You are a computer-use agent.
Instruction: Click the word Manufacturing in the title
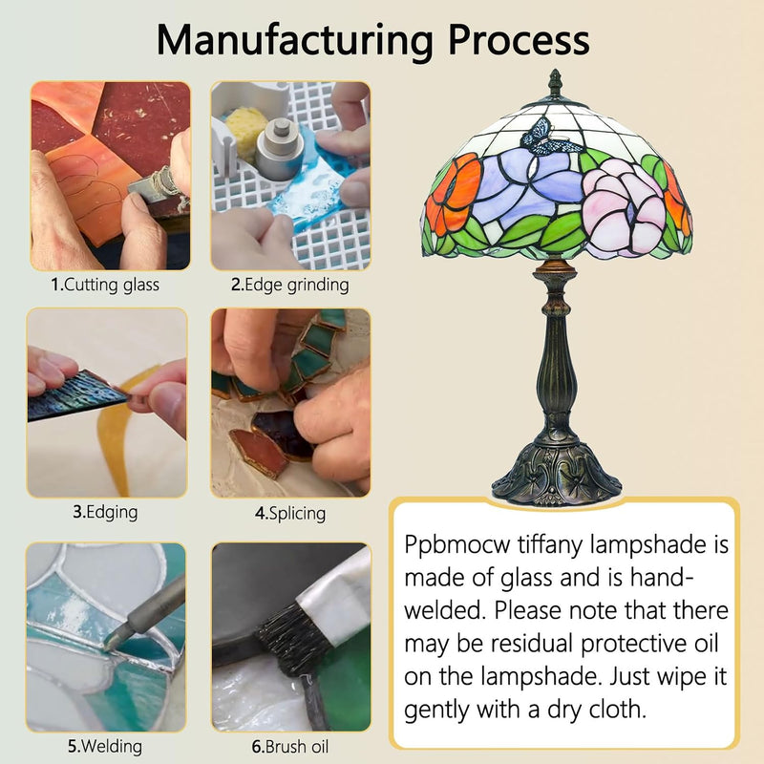point(295,40)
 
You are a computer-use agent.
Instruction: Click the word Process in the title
point(519,39)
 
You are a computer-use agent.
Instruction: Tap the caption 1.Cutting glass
point(105,285)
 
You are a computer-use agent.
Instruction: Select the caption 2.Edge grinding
point(290,285)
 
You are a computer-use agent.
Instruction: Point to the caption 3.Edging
point(105,513)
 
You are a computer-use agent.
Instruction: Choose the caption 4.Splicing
point(290,514)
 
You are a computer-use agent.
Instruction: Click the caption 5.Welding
point(105,746)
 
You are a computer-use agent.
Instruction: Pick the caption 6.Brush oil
point(290,747)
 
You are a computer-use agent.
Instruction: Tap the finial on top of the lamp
point(555,84)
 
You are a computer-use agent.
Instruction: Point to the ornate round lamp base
point(557,473)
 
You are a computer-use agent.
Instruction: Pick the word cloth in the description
point(617,710)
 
